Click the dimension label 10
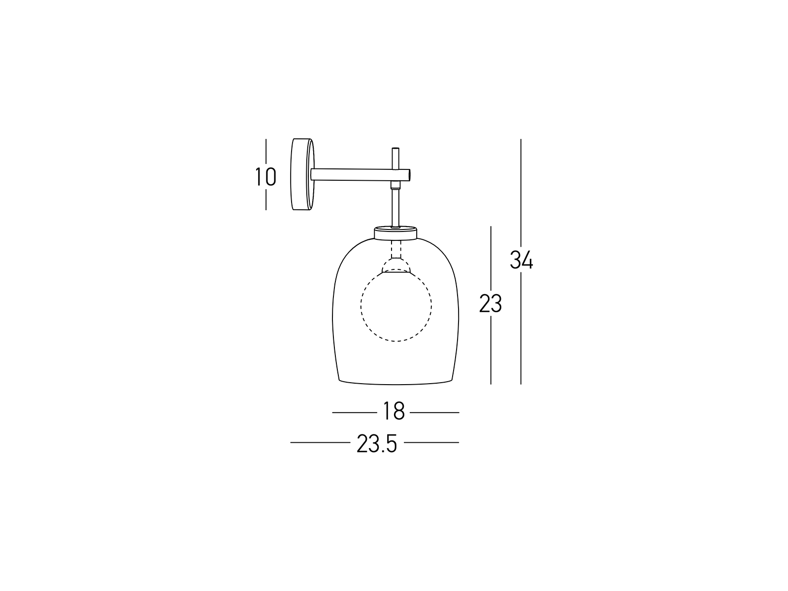click(x=265, y=176)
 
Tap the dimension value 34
click(x=522, y=260)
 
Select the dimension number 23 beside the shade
click(x=491, y=303)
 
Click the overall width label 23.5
click(x=377, y=444)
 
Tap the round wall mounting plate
click(x=302, y=174)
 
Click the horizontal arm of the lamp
click(x=361, y=174)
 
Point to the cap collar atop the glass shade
click(x=395, y=232)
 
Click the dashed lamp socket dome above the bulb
click(x=396, y=265)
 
